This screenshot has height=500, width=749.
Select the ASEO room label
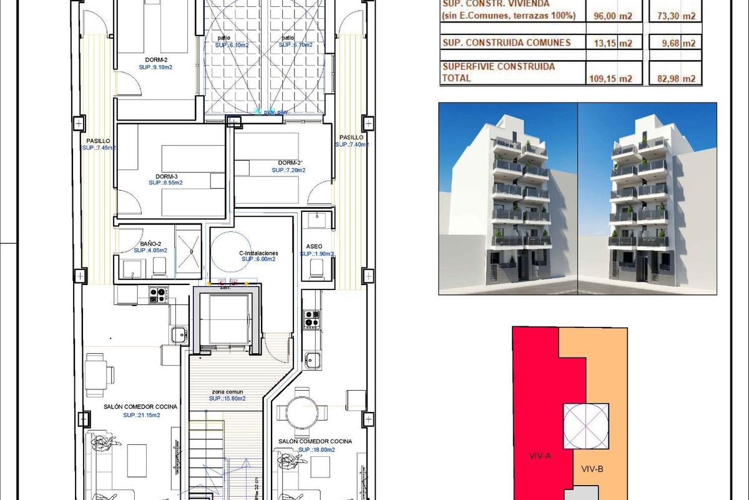pos(315,246)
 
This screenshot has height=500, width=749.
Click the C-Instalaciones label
pos(258,253)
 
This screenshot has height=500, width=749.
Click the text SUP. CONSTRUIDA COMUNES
pos(506,42)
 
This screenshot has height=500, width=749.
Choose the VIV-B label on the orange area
pos(592,469)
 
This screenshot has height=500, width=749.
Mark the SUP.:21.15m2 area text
pos(141,415)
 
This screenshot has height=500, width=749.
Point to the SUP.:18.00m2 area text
pos(316,449)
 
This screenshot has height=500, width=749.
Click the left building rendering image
pos(507,199)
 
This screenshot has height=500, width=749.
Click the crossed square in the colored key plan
pos(586,425)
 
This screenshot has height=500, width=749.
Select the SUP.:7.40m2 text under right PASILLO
pos(352,144)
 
